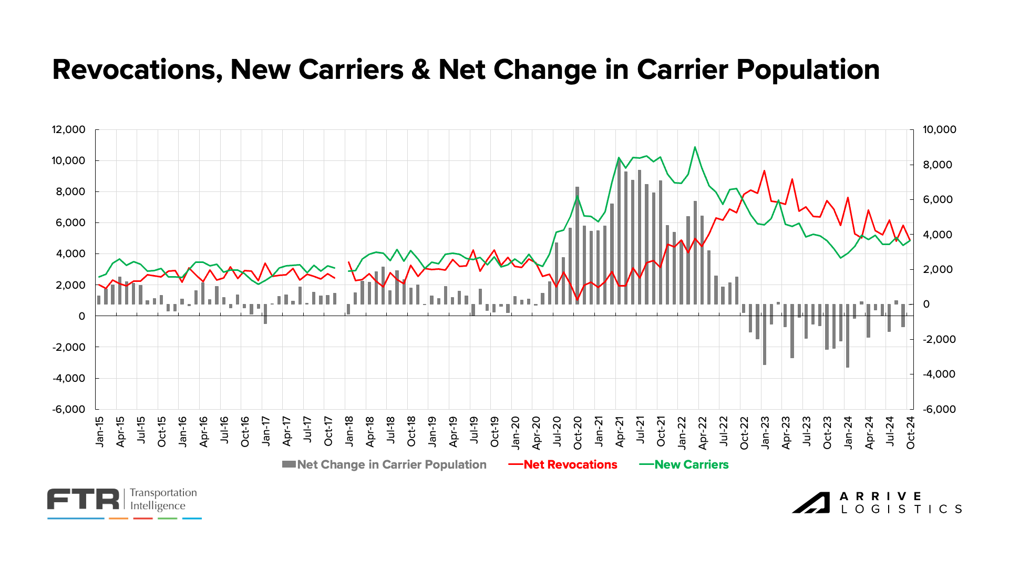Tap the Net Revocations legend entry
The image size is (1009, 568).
coord(570,465)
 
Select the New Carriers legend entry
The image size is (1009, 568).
coord(691,465)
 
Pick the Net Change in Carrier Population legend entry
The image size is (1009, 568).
coord(391,465)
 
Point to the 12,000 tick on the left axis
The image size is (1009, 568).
coord(68,130)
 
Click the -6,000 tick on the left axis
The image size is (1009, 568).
coord(68,409)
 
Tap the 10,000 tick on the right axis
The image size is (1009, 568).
coord(940,130)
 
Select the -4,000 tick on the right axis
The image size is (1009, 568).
coord(940,374)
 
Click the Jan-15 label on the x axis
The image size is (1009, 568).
coord(100,432)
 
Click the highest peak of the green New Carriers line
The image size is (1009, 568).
coord(695,147)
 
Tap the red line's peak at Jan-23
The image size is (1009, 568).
coord(764,171)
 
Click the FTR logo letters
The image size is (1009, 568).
coord(84,500)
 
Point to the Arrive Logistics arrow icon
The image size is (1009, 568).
coord(811,503)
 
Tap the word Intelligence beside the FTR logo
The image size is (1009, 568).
coord(158,506)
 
